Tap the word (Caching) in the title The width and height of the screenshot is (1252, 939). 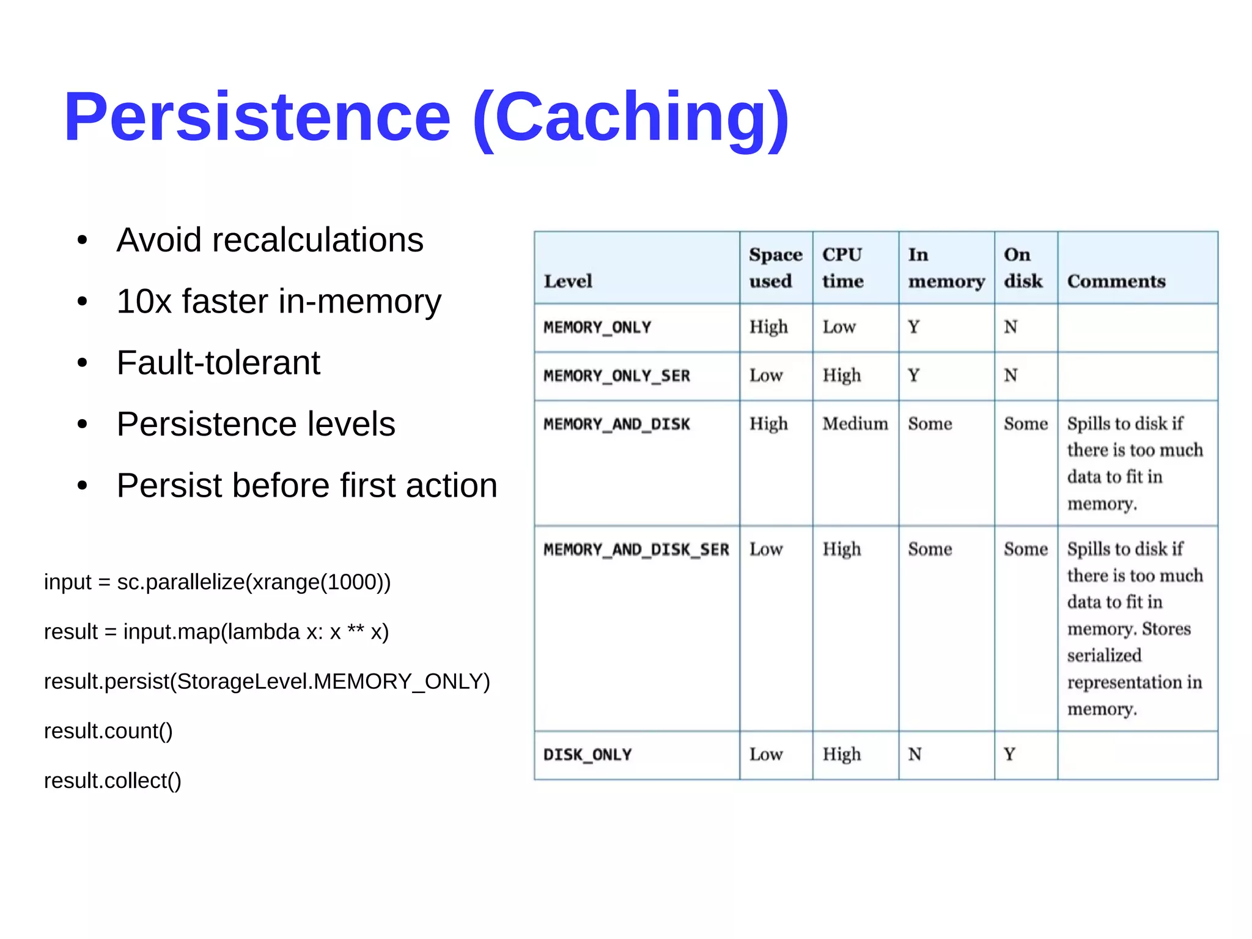click(631, 117)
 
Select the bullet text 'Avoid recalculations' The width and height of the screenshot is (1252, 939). click(270, 240)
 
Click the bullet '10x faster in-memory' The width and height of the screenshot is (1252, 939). click(279, 302)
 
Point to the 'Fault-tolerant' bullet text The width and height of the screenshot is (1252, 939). click(218, 363)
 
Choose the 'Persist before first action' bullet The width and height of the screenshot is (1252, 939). click(307, 486)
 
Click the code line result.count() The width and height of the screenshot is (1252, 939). click(108, 731)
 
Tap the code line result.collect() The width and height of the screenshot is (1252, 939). click(112, 781)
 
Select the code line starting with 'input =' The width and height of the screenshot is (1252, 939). click(217, 582)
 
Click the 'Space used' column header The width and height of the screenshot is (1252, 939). click(775, 268)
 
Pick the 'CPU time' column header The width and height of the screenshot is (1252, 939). click(842, 268)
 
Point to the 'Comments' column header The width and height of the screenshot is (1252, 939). click(1116, 281)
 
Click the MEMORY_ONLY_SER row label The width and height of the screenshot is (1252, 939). click(616, 376)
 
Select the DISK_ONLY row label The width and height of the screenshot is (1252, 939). click(587, 755)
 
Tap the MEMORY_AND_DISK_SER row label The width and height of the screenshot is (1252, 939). click(636, 549)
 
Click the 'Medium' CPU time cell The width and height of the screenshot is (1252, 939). click(855, 424)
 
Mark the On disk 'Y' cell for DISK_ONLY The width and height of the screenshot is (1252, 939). click(1009, 754)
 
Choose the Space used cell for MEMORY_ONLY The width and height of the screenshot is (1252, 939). click(768, 327)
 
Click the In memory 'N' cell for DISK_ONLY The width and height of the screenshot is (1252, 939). click(915, 754)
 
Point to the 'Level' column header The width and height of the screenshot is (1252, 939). click(568, 281)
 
